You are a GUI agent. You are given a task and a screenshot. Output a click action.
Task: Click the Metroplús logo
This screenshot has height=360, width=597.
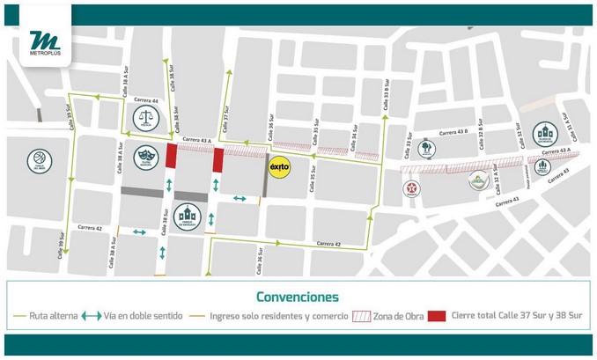(x=44, y=43)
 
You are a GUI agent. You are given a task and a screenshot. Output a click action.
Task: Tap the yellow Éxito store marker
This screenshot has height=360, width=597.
(x=279, y=165)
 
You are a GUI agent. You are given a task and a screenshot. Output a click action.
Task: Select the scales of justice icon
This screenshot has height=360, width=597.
(x=145, y=119)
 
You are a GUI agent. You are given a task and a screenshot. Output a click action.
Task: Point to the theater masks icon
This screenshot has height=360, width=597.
(x=145, y=158)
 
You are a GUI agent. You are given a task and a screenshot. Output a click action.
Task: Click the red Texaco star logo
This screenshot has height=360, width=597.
(x=411, y=188)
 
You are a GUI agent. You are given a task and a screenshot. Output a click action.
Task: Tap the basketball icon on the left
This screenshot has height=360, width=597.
(x=40, y=160)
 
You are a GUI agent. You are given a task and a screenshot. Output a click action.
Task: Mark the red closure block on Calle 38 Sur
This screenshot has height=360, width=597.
(x=171, y=157)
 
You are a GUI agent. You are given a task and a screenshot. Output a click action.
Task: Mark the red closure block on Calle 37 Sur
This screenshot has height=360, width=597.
(x=217, y=159)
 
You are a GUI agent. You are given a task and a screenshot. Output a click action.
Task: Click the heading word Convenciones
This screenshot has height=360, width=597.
(x=298, y=297)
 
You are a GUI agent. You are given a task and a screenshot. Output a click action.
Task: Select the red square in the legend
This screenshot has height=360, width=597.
(x=437, y=316)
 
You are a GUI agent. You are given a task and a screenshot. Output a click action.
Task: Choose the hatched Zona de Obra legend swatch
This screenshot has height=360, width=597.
(x=363, y=316)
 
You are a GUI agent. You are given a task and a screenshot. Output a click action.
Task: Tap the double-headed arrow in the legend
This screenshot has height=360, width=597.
(x=91, y=316)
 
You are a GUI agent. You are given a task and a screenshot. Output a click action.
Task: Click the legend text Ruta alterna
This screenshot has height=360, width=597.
(x=50, y=316)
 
